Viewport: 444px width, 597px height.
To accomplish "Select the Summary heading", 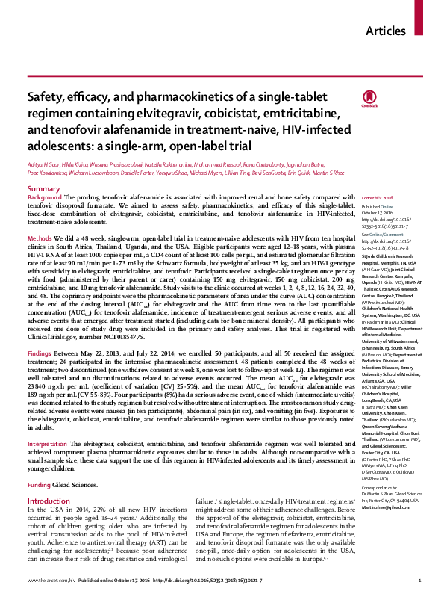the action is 43,189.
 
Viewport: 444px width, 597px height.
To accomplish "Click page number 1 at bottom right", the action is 420,580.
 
